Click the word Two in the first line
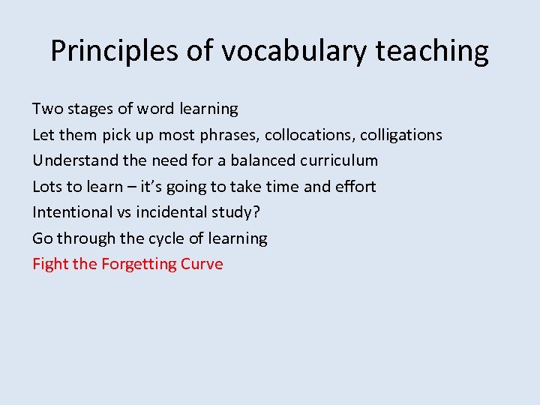47,109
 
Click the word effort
355,186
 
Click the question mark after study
256,212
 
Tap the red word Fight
50,264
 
